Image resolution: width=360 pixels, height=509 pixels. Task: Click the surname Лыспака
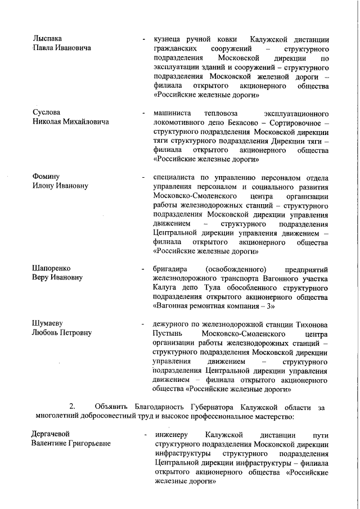pyautogui.click(x=47, y=39)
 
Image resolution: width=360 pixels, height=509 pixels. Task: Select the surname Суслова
pyautogui.click(x=46, y=112)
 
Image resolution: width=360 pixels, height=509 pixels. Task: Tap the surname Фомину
pyautogui.click(x=46, y=177)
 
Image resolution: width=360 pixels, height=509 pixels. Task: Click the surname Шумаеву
pyautogui.click(x=48, y=323)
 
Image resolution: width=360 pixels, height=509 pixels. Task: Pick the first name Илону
pyautogui.click(x=44, y=186)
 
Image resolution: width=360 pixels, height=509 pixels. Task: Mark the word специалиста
pyautogui.click(x=175, y=177)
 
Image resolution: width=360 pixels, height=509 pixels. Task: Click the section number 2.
pyautogui.click(x=72, y=406)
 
